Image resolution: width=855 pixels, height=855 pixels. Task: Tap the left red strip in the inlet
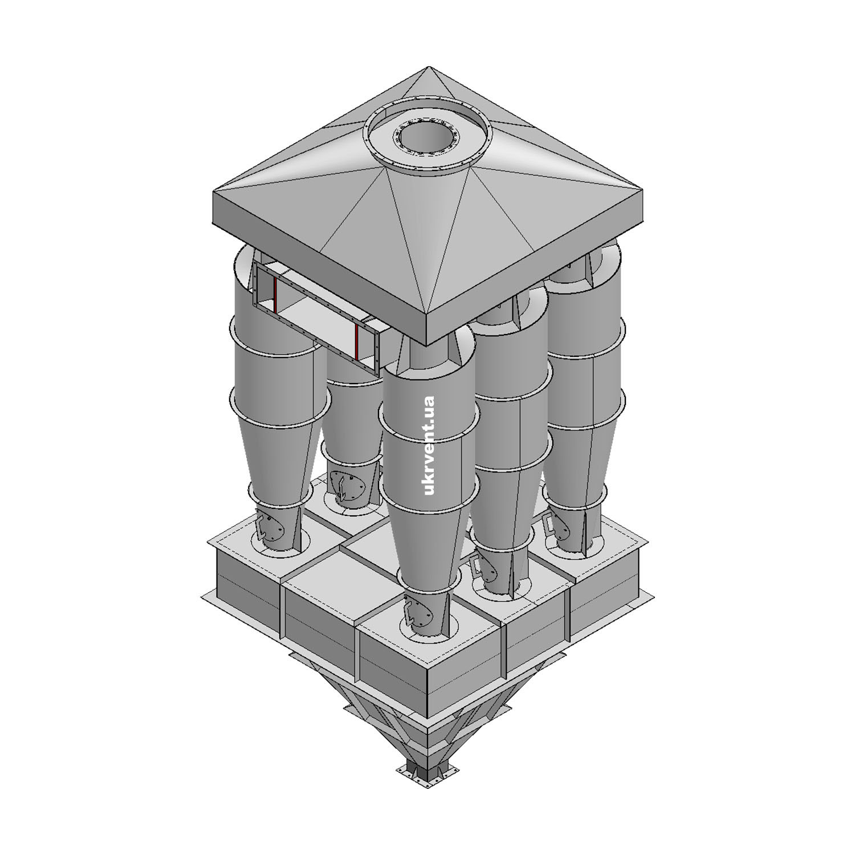274,296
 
